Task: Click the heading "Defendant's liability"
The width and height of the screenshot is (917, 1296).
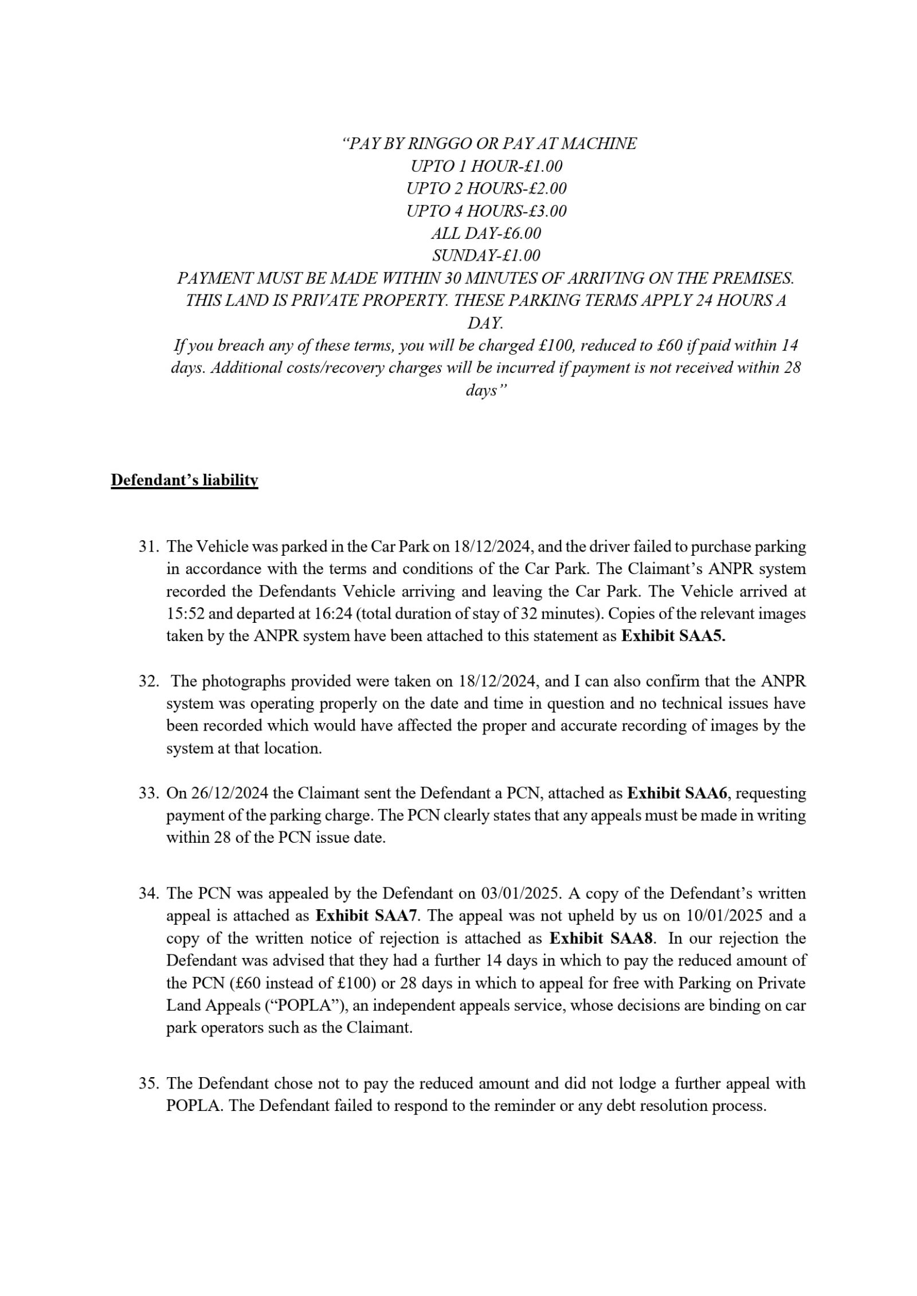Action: (184, 480)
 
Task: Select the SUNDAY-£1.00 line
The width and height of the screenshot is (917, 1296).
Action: (486, 256)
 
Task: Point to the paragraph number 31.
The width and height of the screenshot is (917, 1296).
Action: (148, 547)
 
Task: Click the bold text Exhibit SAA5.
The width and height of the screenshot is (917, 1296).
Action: (673, 636)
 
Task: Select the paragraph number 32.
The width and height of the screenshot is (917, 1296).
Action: (148, 681)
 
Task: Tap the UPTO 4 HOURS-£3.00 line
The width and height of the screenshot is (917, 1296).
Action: (486, 211)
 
